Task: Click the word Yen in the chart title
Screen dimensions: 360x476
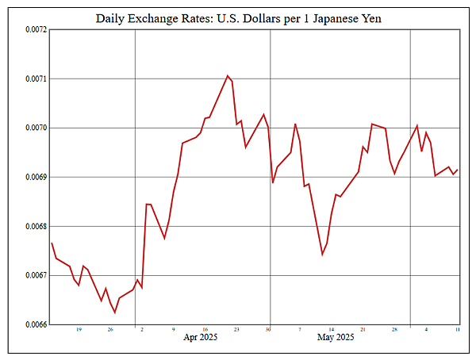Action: coord(370,17)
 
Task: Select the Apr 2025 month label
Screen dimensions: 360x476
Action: coord(201,338)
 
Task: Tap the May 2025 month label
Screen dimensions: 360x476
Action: coord(335,338)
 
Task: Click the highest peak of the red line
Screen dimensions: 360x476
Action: coord(228,75)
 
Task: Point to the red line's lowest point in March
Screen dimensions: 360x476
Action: coord(114,312)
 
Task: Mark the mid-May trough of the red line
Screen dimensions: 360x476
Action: coord(322,255)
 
